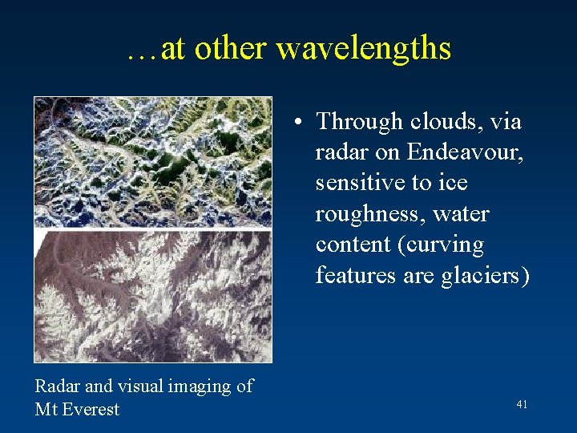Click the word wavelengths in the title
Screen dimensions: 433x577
pyautogui.click(x=364, y=49)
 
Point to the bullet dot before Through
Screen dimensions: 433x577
pyautogui.click(x=297, y=123)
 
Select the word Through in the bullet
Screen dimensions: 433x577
pyautogui.click(x=360, y=122)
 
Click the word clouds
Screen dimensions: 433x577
pyautogui.click(x=446, y=122)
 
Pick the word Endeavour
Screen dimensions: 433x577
pyautogui.click(x=466, y=152)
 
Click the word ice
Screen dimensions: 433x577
pyautogui.click(x=453, y=183)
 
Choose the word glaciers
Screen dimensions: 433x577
pyautogui.click(x=483, y=275)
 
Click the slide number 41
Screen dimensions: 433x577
pyautogui.click(x=522, y=405)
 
